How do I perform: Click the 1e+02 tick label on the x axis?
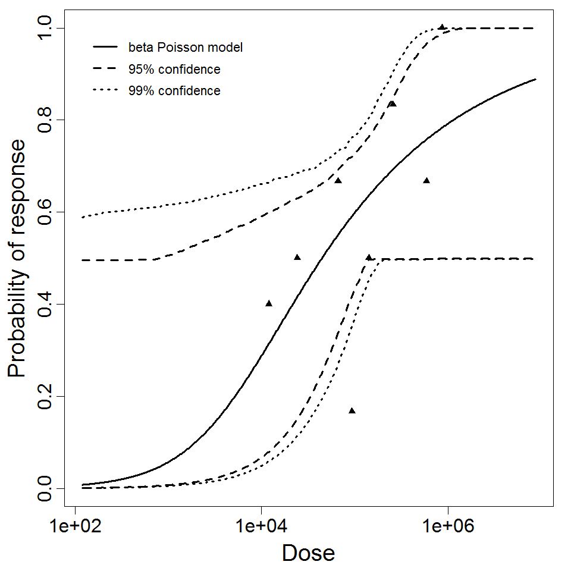click(75, 528)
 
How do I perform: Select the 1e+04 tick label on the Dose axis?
click(261, 528)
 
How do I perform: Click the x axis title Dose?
click(308, 554)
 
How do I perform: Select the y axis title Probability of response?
click(18, 258)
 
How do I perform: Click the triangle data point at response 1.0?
click(442, 27)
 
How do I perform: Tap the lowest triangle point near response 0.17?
click(352, 410)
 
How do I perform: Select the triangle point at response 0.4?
click(269, 303)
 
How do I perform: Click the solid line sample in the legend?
click(107, 48)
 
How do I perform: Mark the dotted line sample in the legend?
click(107, 91)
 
